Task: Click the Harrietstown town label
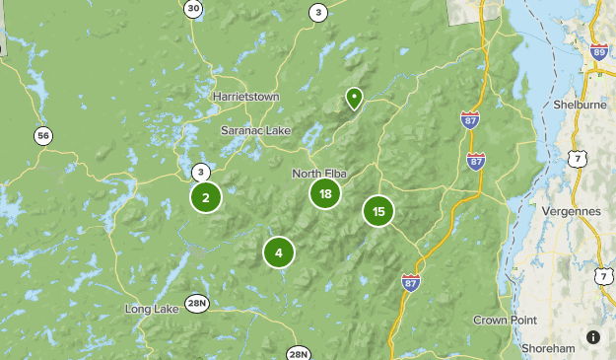[x=245, y=97]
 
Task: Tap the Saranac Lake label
[x=255, y=130]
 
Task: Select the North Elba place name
[x=319, y=174]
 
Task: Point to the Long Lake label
[x=152, y=309]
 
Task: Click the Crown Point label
[x=503, y=320]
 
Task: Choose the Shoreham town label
[x=549, y=348]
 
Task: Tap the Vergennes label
[x=571, y=211]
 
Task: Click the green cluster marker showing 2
[x=205, y=198]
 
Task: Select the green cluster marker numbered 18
[x=325, y=193]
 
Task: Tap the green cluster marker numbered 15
[x=378, y=211]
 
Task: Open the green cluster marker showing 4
[x=279, y=252]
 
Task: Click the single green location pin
[x=353, y=98]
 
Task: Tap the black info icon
[x=593, y=337]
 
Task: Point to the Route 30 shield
[x=193, y=9]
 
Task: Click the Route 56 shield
[x=41, y=136]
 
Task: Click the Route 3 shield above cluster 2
[x=200, y=171]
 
